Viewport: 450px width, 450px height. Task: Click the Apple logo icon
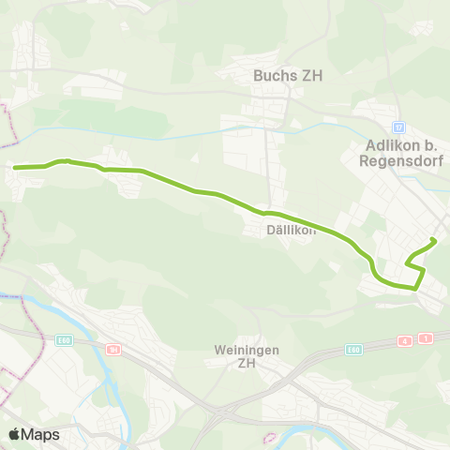14,434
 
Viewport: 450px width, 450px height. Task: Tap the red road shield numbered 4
405,340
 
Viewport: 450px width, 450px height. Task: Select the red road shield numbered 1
427,337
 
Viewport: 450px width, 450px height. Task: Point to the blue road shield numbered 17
398,126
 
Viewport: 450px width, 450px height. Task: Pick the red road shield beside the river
113,349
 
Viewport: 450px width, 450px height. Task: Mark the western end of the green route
15,168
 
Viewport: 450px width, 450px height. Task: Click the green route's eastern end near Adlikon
434,241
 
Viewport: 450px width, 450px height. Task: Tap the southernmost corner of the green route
414,289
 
